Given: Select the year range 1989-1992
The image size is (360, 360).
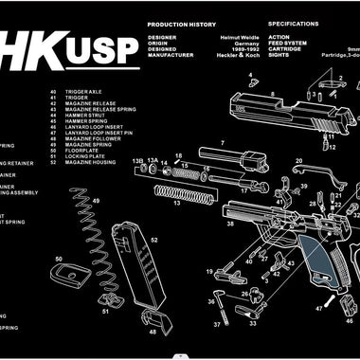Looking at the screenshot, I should (x=239, y=51).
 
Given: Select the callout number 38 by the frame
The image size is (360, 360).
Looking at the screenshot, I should (x=229, y=224).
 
